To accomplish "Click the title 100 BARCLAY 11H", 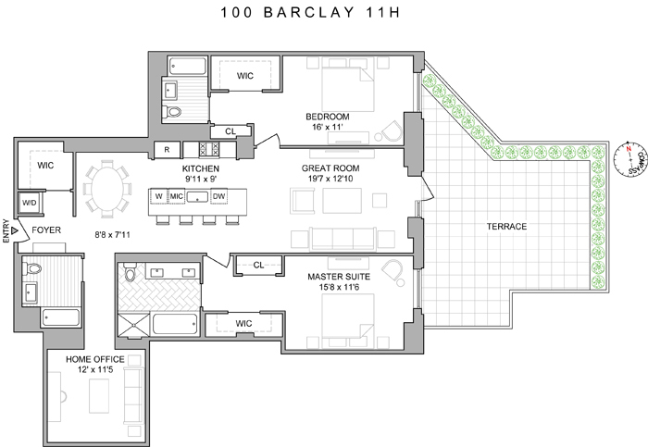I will (x=323, y=15).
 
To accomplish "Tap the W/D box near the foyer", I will (x=29, y=202).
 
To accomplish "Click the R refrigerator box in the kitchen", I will (x=167, y=149).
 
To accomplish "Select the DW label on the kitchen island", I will (x=218, y=196).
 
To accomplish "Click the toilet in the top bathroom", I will (x=173, y=110).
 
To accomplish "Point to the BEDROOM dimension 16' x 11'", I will (x=325, y=129).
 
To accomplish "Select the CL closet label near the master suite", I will (x=259, y=265).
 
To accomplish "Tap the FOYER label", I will (x=46, y=230).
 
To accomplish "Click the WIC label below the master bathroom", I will (x=244, y=323).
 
